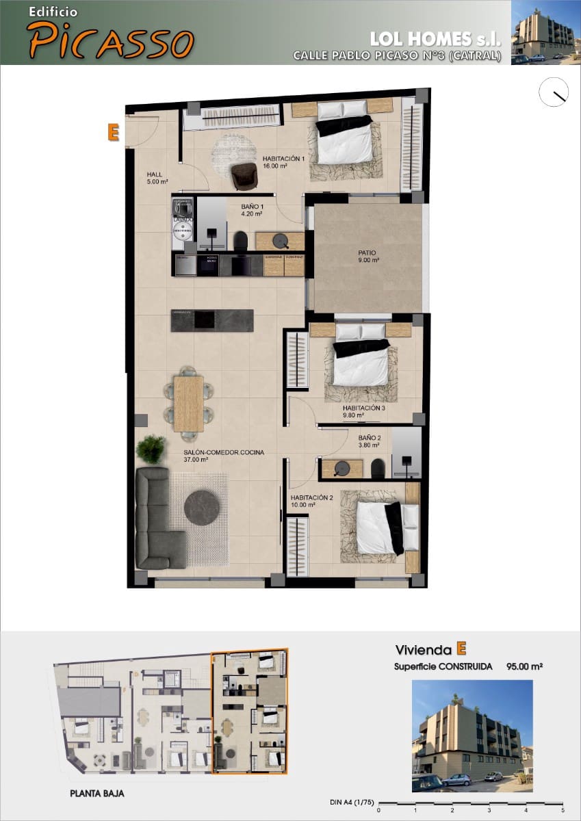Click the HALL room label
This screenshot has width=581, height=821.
coord(154,173)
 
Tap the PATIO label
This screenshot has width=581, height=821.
coord(367,252)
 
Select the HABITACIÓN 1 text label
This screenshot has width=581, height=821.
coord(283,158)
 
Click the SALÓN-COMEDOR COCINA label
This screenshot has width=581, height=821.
coord(224,452)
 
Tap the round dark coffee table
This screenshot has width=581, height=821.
coord(202,508)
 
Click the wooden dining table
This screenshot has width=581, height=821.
coord(188,404)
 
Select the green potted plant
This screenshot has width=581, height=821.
coord(151,449)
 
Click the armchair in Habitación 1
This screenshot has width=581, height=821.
coord(244,176)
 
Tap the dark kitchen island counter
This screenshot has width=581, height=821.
coord(212,320)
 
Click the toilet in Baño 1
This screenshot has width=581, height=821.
coord(240,240)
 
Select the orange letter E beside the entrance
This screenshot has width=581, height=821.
coord(114,132)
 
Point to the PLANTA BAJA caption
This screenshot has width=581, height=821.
coord(97,794)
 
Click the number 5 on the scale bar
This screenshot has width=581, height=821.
coord(563,810)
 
